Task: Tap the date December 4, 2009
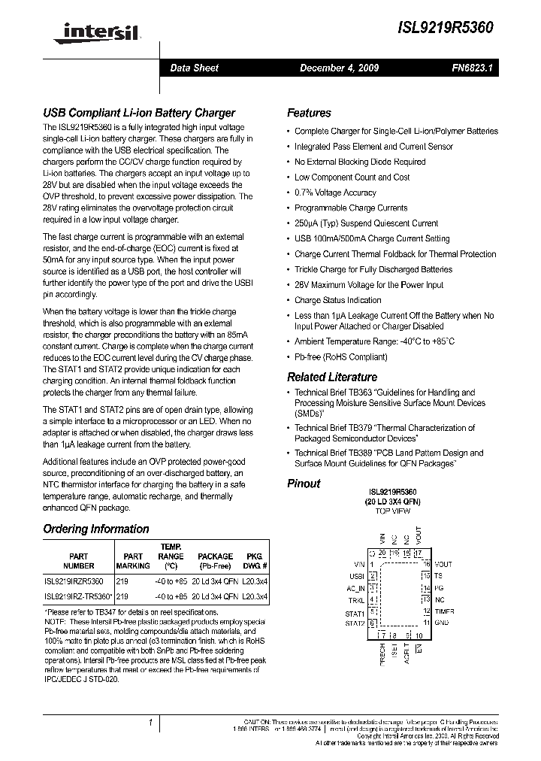point(339,68)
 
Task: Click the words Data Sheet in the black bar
point(194,68)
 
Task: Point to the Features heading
point(309,113)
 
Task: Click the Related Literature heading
point(332,377)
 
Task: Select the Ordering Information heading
point(96,529)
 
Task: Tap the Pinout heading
point(304,484)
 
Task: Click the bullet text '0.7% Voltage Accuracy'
point(335,193)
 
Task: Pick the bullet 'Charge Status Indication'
point(337,300)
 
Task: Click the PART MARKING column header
point(133,561)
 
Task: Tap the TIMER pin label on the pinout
point(445,611)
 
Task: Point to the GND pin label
point(442,623)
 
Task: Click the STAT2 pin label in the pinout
point(355,623)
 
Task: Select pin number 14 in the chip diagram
point(425,588)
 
